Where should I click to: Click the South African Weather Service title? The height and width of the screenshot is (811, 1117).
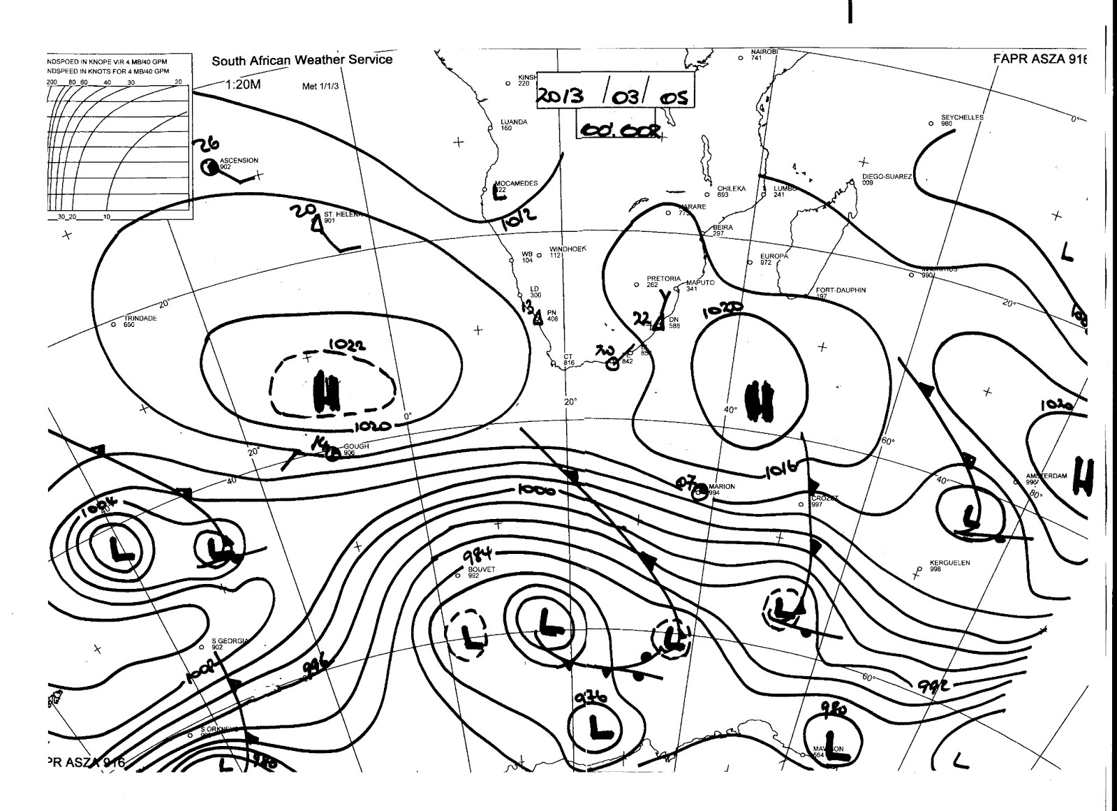pyautogui.click(x=302, y=60)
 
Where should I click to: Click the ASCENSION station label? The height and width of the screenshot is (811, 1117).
pyautogui.click(x=239, y=161)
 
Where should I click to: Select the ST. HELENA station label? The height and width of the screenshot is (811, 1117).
pyautogui.click(x=342, y=214)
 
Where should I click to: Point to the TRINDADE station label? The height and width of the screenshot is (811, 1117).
pyautogui.click(x=140, y=319)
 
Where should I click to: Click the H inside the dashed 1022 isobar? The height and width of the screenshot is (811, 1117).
pyautogui.click(x=326, y=393)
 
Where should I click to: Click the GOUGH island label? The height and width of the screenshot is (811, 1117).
pyautogui.click(x=355, y=447)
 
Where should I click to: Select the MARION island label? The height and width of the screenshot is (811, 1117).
pyautogui.click(x=721, y=487)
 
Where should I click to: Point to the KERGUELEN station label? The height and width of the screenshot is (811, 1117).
pyautogui.click(x=949, y=563)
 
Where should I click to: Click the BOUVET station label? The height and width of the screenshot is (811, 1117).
pyautogui.click(x=481, y=570)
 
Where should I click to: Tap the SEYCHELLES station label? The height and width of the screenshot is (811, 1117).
pyautogui.click(x=961, y=118)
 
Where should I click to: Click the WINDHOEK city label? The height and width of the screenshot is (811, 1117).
pyautogui.click(x=568, y=249)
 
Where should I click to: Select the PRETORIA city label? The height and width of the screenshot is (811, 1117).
pyautogui.click(x=663, y=279)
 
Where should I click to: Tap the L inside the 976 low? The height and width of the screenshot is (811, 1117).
pyautogui.click(x=598, y=726)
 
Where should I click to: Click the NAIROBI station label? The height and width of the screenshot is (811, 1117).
pyautogui.click(x=764, y=52)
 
